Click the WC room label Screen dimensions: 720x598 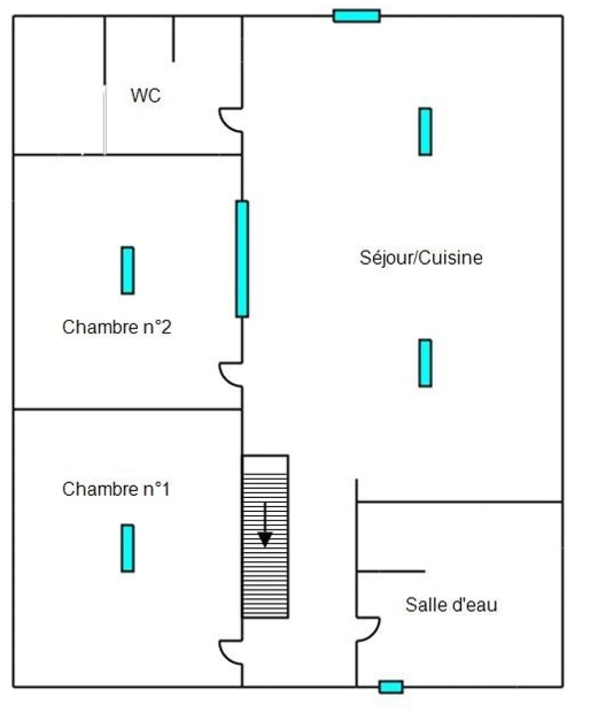click(145, 96)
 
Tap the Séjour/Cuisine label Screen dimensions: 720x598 click(421, 258)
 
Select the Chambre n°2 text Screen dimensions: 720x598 click(118, 327)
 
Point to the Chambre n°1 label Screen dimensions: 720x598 click(116, 489)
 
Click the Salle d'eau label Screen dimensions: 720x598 click(451, 605)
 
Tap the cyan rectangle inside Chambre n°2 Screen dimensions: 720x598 click(127, 270)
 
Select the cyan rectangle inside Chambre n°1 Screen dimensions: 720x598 click(127, 548)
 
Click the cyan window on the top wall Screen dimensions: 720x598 click(356, 15)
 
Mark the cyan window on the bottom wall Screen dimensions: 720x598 click(391, 687)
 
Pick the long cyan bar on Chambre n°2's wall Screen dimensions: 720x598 click(242, 259)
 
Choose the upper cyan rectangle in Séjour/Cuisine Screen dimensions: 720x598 click(425, 131)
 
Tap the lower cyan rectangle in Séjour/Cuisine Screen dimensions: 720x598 click(425, 363)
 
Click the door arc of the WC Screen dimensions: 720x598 click(229, 120)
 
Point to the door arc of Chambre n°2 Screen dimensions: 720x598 click(230, 373)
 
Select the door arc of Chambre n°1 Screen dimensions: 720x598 click(230, 652)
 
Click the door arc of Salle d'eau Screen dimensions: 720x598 click(369, 629)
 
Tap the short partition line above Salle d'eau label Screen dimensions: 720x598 click(391, 571)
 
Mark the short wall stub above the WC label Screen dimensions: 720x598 click(173, 39)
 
